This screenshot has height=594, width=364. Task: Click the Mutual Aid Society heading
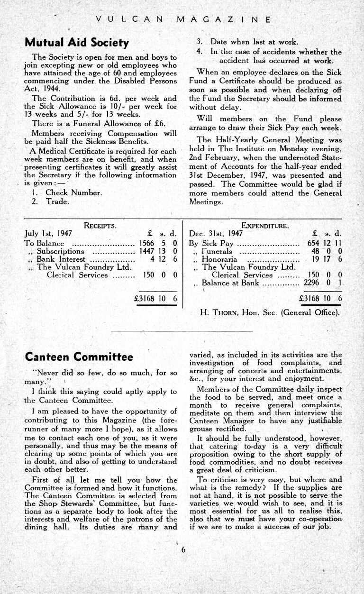pos(77,43)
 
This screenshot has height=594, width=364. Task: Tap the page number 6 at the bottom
pos(182,550)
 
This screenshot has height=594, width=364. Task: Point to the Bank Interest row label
pos(61,259)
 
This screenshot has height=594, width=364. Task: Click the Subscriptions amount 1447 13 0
pos(158,251)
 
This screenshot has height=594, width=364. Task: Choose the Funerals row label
pos(217,251)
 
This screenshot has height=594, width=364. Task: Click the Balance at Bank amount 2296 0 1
pos(323,283)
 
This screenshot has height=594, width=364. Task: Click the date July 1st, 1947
pos(48,234)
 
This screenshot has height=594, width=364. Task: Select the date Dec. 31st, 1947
pos(216,234)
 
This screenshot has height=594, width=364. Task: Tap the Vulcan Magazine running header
pos(182,20)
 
